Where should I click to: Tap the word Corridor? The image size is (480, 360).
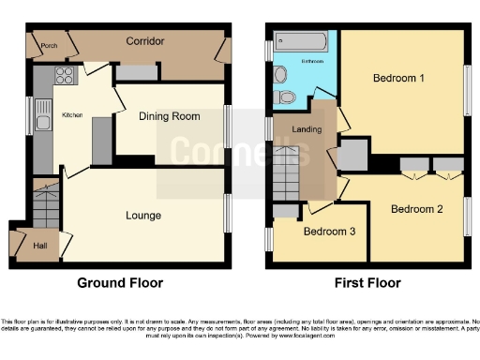(146, 42)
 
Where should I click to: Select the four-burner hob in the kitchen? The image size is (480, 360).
(65, 77)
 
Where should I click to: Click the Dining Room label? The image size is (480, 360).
(170, 116)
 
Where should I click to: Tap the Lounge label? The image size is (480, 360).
(143, 216)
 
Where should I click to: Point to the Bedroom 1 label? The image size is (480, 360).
(397, 79)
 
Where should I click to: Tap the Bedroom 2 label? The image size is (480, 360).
(416, 208)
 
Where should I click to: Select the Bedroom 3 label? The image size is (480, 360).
(328, 231)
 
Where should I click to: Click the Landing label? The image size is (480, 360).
(307, 129)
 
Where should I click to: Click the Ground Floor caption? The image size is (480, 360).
(119, 282)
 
